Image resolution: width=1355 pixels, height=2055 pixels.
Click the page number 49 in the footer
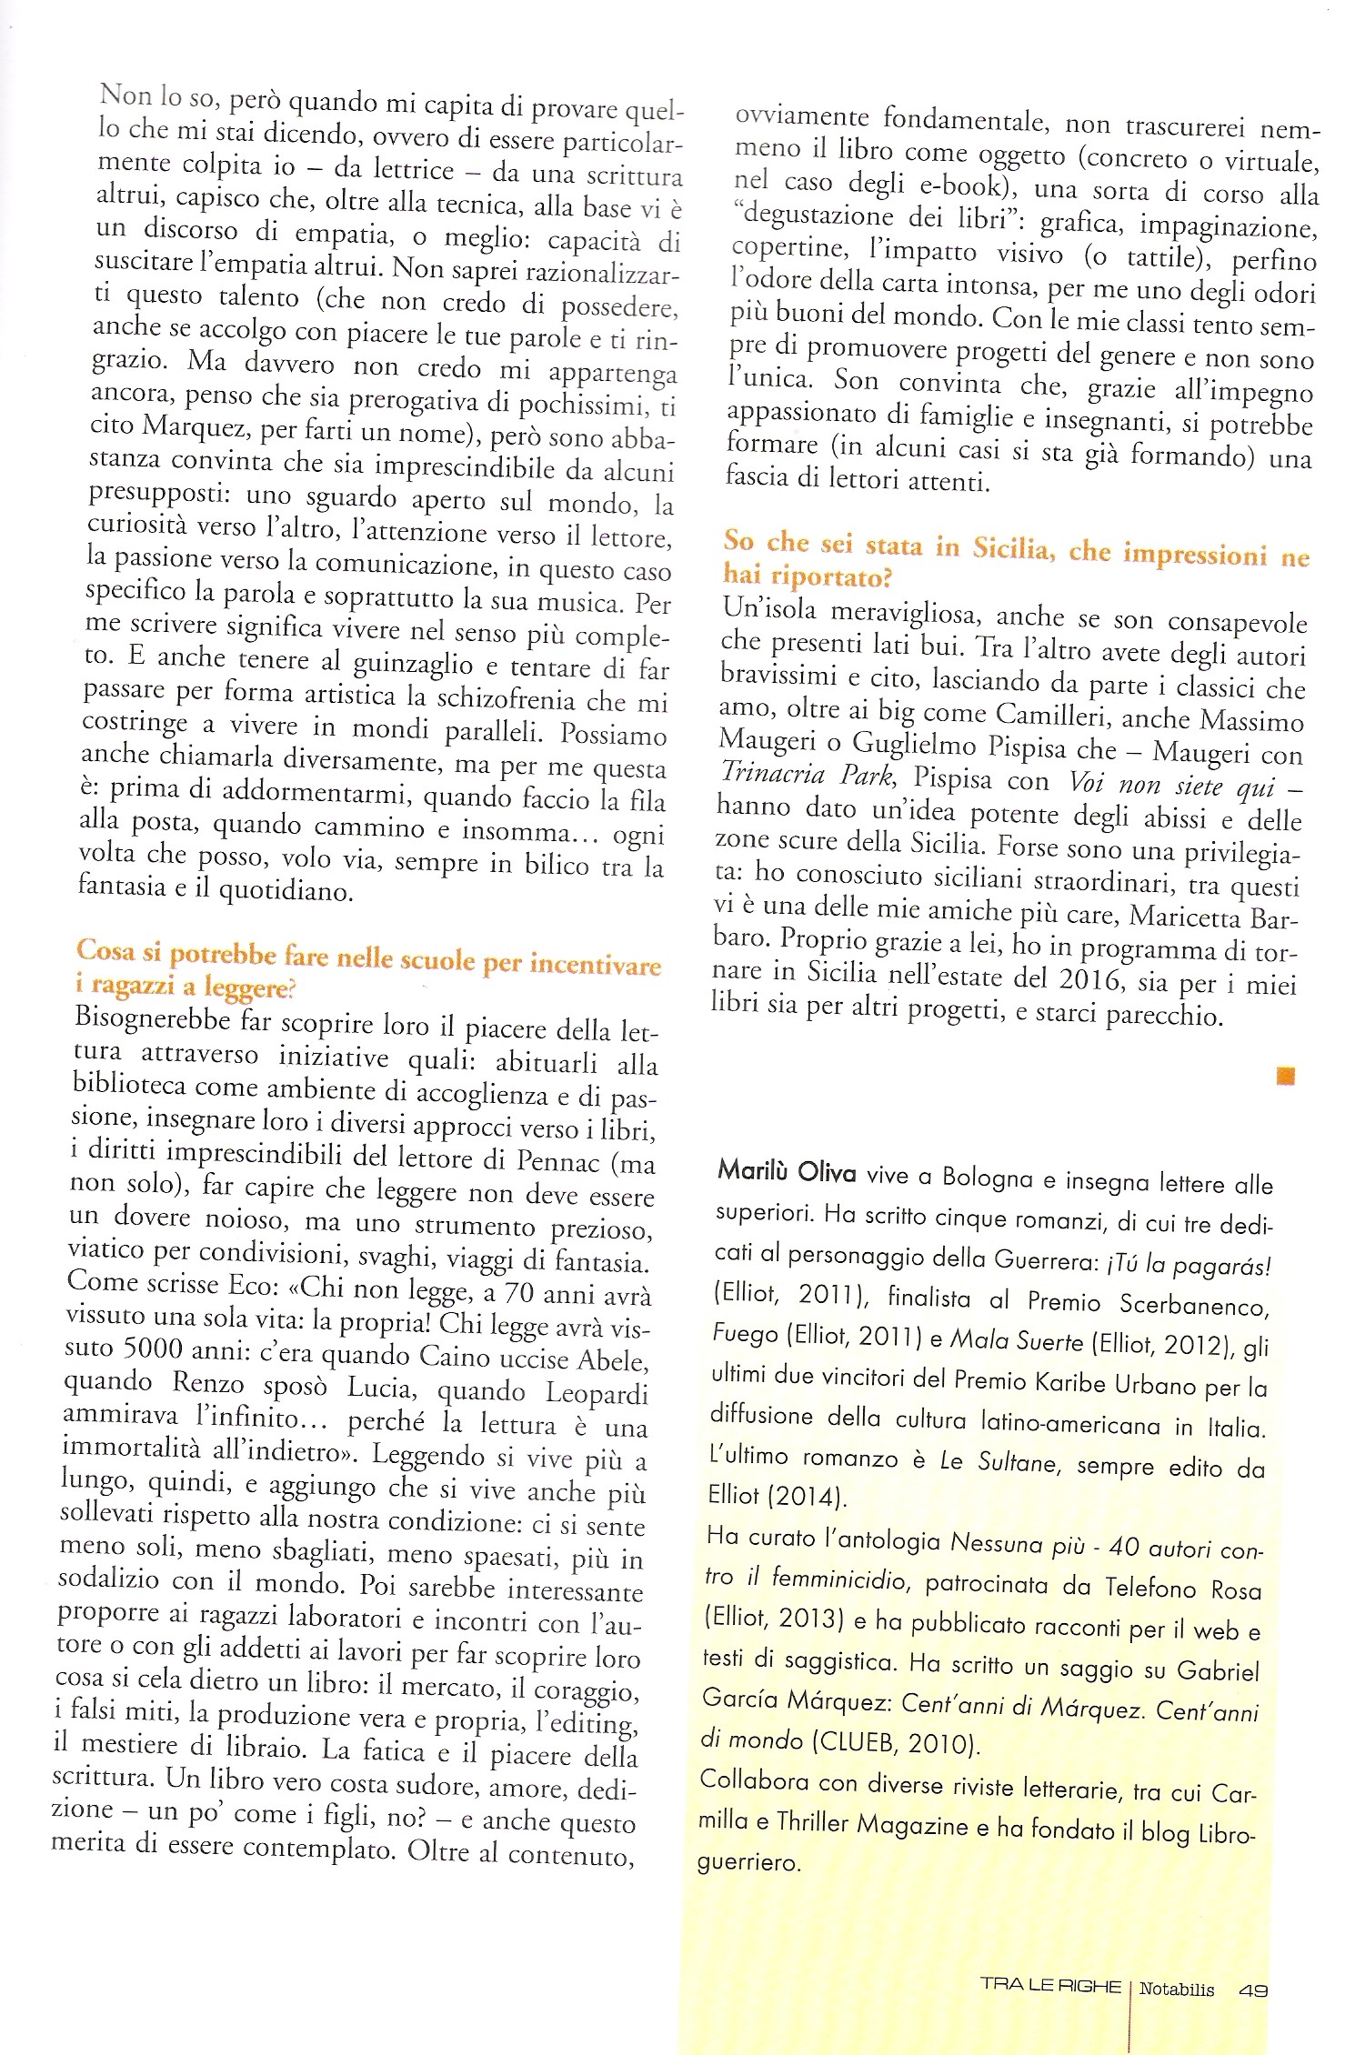[1252, 1990]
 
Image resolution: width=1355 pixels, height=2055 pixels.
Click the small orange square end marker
[1285, 1076]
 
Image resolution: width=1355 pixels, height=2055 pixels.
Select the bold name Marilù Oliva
[787, 1171]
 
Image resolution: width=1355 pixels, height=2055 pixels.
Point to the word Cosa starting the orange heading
[105, 950]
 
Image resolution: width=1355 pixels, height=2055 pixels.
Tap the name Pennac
[558, 1161]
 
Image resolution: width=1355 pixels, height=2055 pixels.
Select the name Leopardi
[597, 1393]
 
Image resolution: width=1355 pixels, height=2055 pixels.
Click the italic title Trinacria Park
[808, 774]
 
